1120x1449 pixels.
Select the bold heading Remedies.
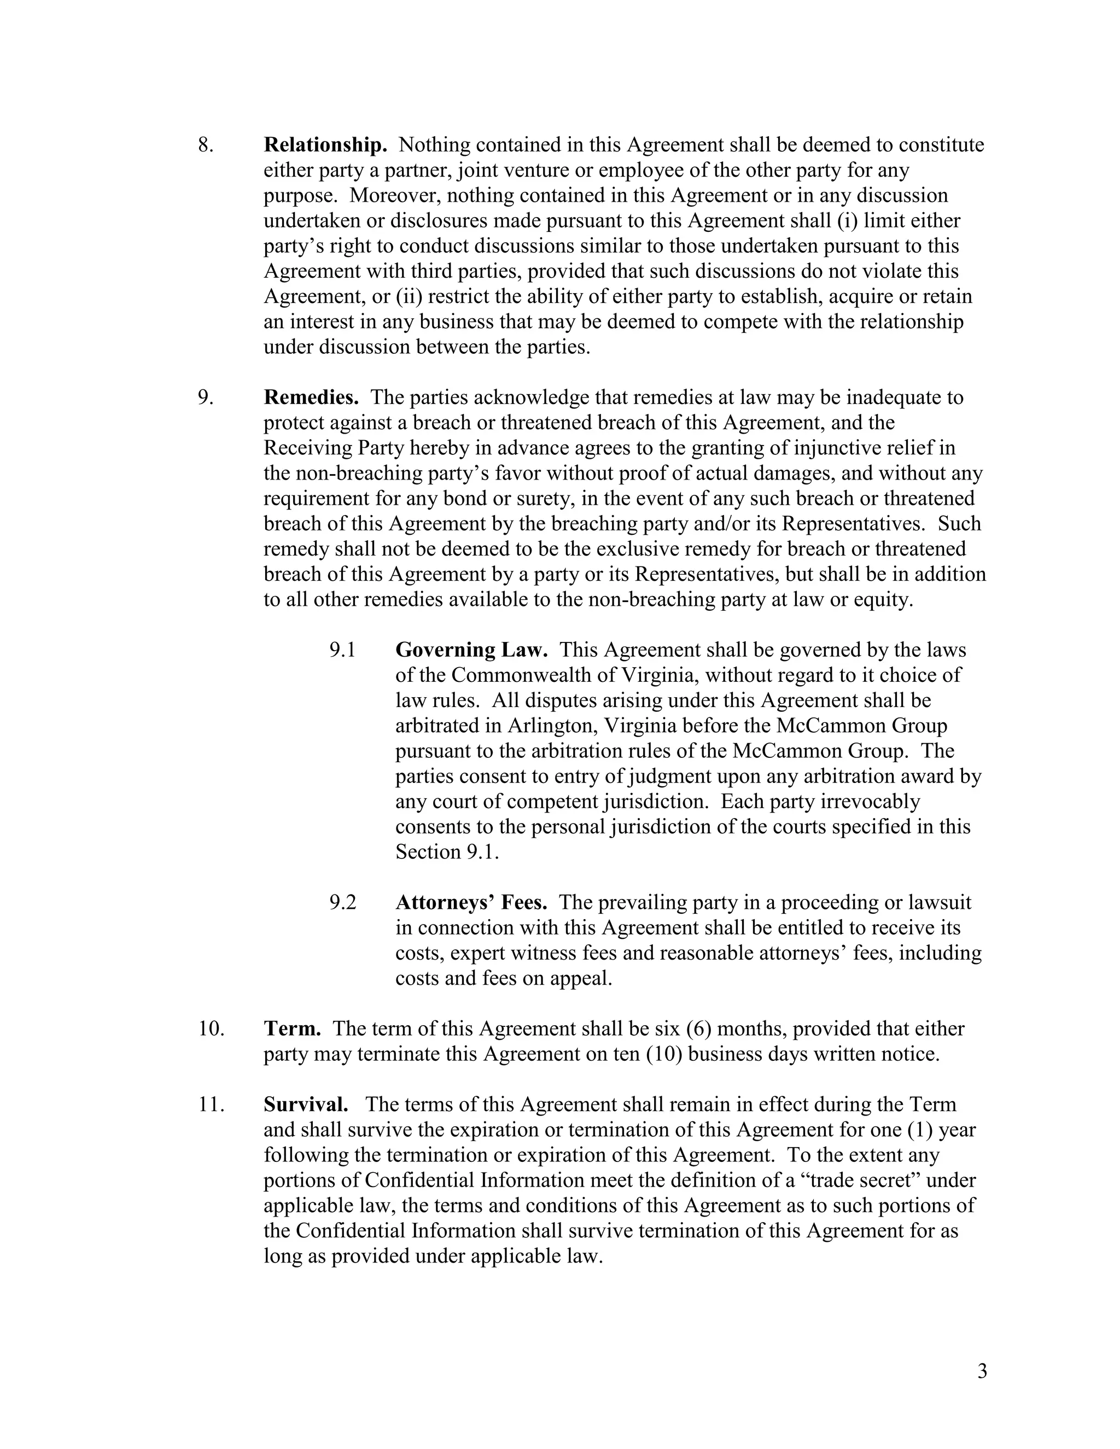(311, 398)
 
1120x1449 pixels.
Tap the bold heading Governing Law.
(471, 650)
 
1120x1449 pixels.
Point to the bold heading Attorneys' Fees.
(471, 902)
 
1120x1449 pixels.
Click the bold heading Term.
(293, 1029)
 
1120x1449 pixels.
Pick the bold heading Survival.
(306, 1105)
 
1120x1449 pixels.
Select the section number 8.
(206, 145)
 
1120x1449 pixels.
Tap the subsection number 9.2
(342, 902)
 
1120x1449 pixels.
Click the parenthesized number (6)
(699, 1029)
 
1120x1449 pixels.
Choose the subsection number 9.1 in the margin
(342, 650)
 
